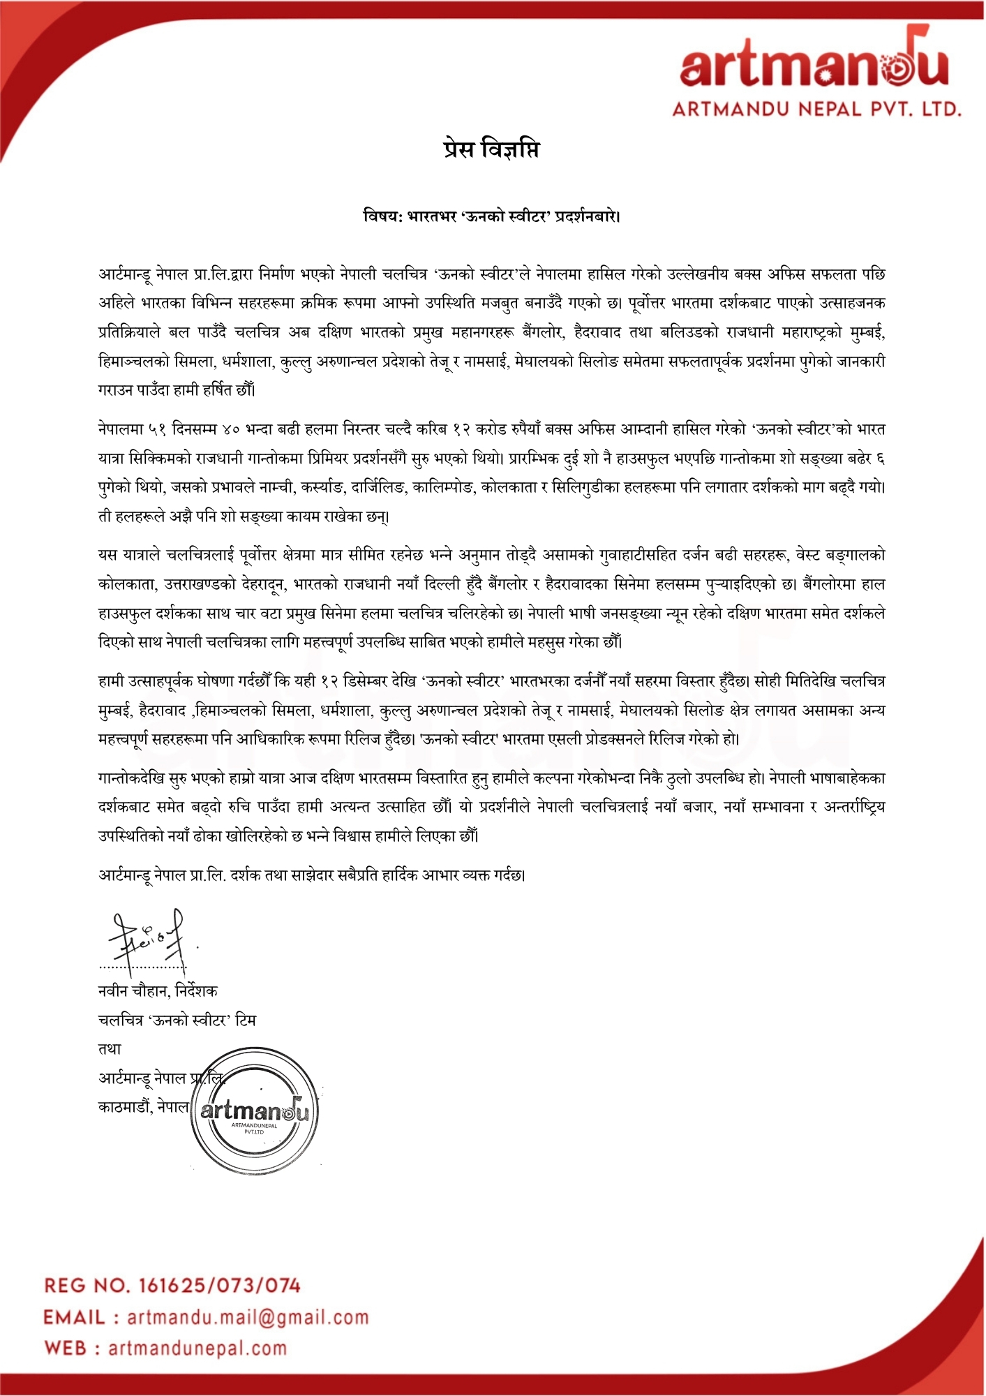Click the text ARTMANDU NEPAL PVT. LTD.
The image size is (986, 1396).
(817, 109)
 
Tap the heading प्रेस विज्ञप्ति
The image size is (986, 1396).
(491, 149)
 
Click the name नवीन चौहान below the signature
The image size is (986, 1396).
(133, 991)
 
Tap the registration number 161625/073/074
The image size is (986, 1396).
(220, 1285)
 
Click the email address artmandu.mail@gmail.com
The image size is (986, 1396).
(248, 1317)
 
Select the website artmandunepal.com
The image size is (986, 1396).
(197, 1349)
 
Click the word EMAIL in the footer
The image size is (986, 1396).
(75, 1317)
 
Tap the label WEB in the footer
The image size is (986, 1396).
(66, 1349)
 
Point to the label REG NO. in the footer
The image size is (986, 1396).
(87, 1285)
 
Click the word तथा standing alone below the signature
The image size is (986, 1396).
(110, 1049)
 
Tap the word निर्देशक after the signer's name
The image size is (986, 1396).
(197, 991)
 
